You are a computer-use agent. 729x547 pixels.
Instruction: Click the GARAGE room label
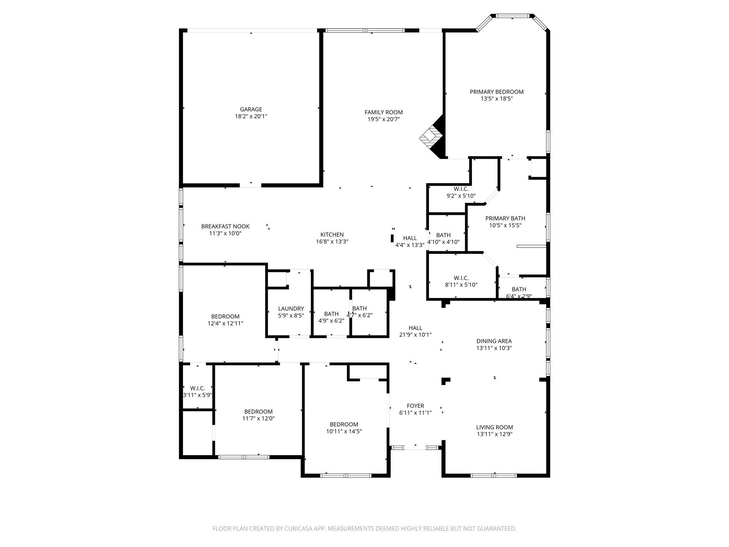point(251,109)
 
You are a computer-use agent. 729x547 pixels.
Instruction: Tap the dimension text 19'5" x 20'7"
point(383,119)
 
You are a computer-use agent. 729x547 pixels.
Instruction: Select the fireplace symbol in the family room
point(431,137)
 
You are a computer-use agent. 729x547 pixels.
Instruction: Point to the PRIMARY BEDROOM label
point(496,92)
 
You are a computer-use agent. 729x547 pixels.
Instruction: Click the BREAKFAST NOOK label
point(225,226)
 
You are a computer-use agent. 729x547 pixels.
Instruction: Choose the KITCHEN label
point(332,235)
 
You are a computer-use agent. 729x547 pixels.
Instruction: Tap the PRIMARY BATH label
point(505,218)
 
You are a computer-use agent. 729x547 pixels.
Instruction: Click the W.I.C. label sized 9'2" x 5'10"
point(461,189)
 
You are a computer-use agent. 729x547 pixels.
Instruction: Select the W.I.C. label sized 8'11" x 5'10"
point(461,278)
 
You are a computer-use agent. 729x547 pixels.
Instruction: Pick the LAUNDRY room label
point(291,309)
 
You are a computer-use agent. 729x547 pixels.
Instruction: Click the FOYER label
point(415,406)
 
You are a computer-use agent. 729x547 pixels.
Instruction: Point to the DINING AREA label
point(494,341)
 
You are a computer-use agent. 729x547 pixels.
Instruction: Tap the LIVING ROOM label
point(494,427)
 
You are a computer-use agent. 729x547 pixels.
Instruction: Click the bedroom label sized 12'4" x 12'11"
point(225,317)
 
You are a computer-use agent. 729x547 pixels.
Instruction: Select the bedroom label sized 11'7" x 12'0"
point(258,412)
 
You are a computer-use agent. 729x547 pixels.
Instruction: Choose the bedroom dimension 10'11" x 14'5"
point(343,431)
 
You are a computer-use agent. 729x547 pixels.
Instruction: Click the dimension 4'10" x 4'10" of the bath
point(443,242)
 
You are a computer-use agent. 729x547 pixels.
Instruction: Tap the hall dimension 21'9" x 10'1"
point(415,335)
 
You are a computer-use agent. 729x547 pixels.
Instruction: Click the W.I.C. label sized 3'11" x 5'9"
point(197,389)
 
